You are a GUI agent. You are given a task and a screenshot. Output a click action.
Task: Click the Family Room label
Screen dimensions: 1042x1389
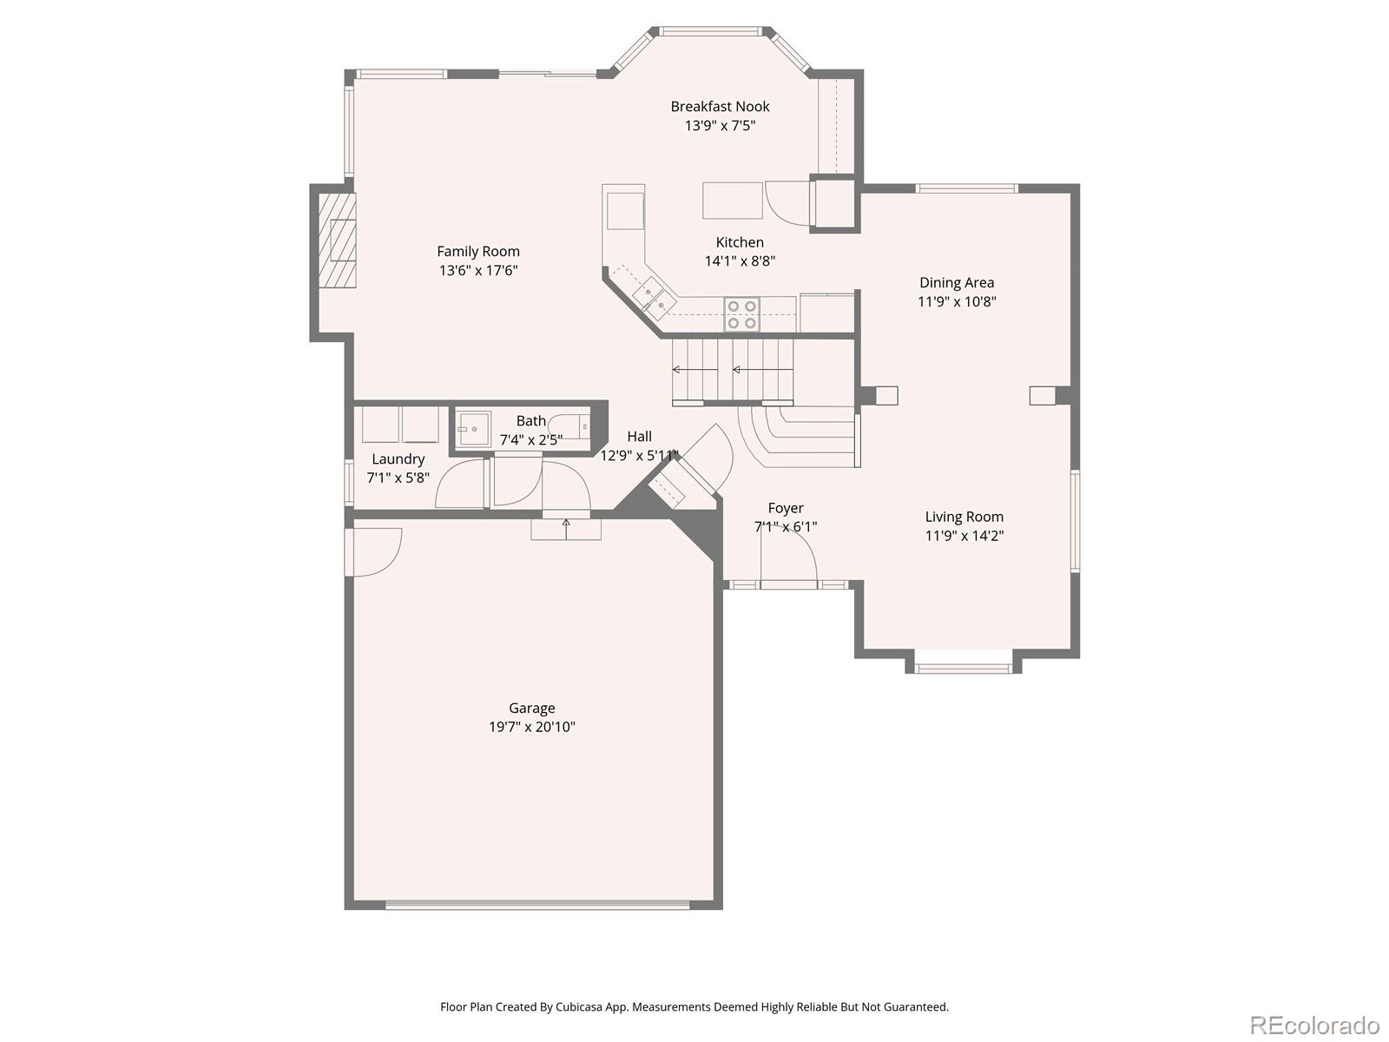[478, 252]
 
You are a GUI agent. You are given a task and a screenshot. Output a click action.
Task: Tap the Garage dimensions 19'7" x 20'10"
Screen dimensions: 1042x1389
[531, 728]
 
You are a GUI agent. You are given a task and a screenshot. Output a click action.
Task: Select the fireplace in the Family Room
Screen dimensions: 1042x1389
[337, 241]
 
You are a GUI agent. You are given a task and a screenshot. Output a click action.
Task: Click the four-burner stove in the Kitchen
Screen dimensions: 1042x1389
[741, 314]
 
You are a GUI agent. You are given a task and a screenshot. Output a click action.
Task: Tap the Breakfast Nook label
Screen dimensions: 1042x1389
[720, 107]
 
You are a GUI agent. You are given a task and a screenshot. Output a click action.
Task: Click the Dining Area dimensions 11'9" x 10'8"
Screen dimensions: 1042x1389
[957, 302]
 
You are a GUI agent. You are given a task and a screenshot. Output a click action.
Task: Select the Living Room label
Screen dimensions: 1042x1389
[964, 517]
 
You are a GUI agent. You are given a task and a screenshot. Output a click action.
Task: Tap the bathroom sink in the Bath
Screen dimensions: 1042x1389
[473, 429]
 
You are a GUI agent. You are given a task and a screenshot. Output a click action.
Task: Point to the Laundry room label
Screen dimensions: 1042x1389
[398, 459]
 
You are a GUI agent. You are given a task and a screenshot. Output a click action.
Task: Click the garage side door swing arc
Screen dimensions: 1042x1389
[378, 552]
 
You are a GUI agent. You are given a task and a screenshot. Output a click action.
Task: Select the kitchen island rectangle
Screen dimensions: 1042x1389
[733, 201]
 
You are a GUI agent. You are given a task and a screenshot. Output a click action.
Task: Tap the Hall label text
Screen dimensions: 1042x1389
[639, 437]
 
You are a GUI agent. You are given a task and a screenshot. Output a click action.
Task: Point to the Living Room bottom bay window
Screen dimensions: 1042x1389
[964, 668]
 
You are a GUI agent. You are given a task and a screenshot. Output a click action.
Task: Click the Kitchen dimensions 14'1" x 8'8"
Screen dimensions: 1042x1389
[740, 261]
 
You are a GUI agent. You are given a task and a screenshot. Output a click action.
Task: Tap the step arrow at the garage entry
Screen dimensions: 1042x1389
[566, 524]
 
